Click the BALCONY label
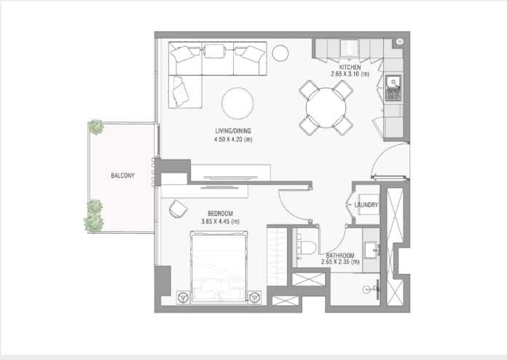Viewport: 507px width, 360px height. pyautogui.click(x=122, y=176)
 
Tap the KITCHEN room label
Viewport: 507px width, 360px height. pyautogui.click(x=350, y=67)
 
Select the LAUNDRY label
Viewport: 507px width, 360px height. pyautogui.click(x=366, y=205)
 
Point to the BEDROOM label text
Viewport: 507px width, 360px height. pyautogui.click(x=220, y=214)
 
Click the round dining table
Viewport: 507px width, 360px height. pyautogui.click(x=326, y=107)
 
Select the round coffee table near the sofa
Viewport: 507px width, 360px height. pyautogui.click(x=237, y=103)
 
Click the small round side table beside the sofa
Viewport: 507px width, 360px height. pyautogui.click(x=280, y=53)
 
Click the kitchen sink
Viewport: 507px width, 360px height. pyautogui.click(x=393, y=82)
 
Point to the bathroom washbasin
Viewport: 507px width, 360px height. pyautogui.click(x=372, y=250)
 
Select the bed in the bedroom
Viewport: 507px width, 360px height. pyautogui.click(x=219, y=267)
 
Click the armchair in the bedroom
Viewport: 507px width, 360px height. pyautogui.click(x=178, y=208)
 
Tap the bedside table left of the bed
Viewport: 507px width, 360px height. pyautogui.click(x=184, y=297)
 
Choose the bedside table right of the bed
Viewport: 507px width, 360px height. pyautogui.click(x=255, y=297)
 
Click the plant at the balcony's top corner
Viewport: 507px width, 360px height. pyautogui.click(x=96, y=127)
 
